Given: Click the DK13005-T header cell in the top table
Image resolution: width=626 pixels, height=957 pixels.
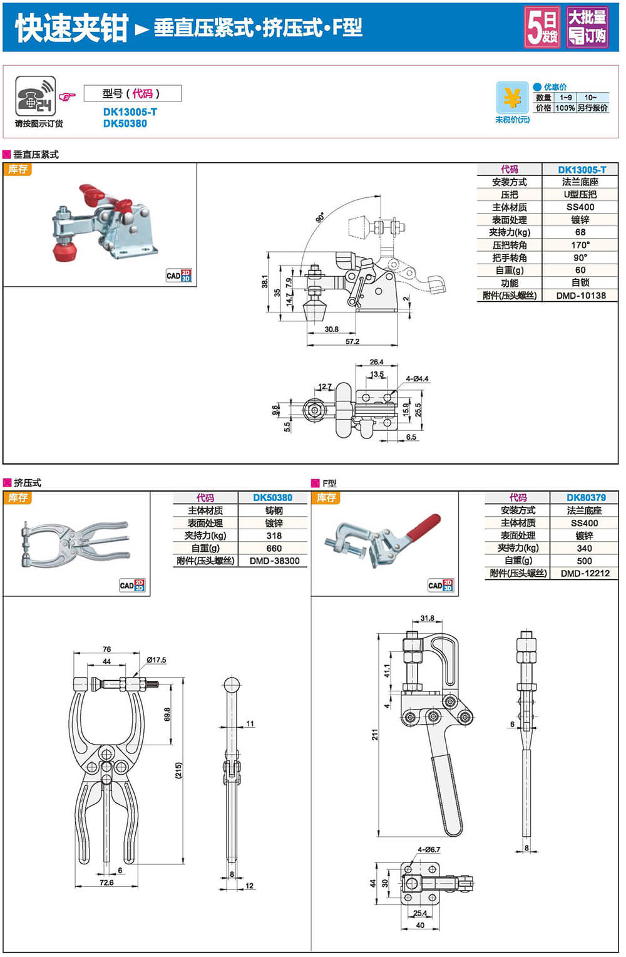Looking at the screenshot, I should [x=582, y=170].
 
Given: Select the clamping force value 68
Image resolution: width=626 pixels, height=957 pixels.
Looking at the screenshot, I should [x=580, y=232].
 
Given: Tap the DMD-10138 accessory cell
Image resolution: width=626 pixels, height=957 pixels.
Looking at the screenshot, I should [x=580, y=296].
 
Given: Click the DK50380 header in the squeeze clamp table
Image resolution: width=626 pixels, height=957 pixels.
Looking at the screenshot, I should [x=272, y=498].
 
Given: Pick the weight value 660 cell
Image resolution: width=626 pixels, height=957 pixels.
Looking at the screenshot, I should [x=274, y=548].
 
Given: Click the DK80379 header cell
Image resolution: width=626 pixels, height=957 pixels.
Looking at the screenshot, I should [x=586, y=498].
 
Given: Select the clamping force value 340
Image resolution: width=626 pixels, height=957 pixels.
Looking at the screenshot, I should [x=584, y=548].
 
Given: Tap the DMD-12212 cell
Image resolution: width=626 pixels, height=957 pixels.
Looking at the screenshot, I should [x=585, y=573].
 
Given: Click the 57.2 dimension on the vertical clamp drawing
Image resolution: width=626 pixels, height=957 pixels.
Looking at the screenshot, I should [x=352, y=341].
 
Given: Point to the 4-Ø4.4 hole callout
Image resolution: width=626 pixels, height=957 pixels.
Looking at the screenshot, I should [x=417, y=379].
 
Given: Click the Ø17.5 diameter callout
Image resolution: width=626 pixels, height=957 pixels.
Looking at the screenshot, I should [x=156, y=660].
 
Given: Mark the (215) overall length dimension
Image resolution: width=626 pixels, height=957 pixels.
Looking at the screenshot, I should [x=178, y=770].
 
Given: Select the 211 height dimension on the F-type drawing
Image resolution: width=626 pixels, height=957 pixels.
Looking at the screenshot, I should [x=375, y=734].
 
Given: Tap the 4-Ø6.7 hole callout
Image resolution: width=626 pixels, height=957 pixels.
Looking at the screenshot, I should [x=429, y=850].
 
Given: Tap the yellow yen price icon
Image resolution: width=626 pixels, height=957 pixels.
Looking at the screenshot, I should [x=513, y=98].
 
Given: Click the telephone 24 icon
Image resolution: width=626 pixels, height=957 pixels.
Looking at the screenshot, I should [x=36, y=96].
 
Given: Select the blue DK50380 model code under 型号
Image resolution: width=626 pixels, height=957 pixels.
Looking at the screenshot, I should [x=125, y=124].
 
